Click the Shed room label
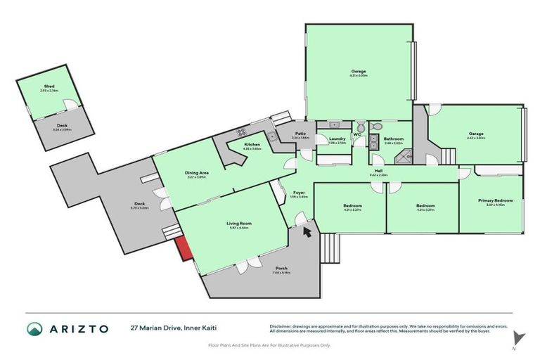[49, 86]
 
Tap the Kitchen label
[252, 145]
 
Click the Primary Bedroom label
[496, 200]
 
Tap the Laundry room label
[337, 139]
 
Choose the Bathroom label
[393, 139]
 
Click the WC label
[357, 134]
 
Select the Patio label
[300, 134]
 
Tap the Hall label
[378, 171]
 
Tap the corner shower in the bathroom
[403, 158]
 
